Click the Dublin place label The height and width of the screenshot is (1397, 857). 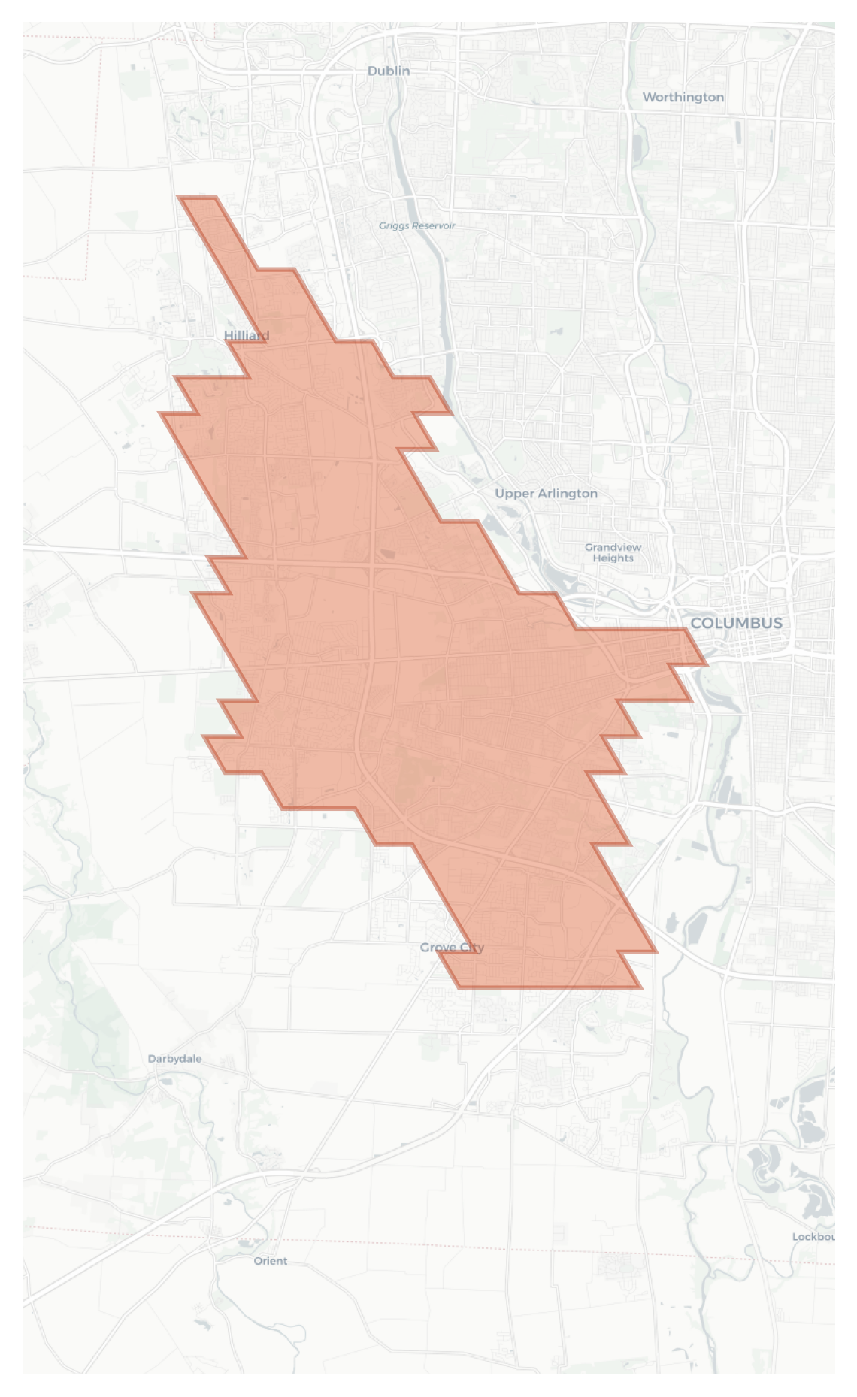[389, 71]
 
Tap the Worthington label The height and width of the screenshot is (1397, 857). [683, 97]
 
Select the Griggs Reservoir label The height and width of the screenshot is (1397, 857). [416, 225]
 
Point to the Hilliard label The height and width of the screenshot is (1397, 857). [247, 335]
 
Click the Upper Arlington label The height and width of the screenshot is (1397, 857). [546, 494]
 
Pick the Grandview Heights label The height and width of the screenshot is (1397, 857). [613, 552]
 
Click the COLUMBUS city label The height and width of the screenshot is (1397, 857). [736, 623]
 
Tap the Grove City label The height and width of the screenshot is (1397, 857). [452, 948]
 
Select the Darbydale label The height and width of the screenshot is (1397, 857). [174, 1059]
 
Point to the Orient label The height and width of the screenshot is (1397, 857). [271, 1261]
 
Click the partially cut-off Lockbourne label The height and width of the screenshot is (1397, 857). [813, 1237]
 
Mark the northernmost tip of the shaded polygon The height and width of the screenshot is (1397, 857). [197, 198]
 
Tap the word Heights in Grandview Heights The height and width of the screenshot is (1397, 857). [613, 558]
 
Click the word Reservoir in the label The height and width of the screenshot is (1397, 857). [433, 225]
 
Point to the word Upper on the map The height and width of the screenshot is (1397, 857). [513, 494]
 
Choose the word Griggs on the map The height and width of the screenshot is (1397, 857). [393, 225]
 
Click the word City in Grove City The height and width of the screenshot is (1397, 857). [471, 948]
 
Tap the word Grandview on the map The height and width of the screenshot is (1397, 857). [613, 547]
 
